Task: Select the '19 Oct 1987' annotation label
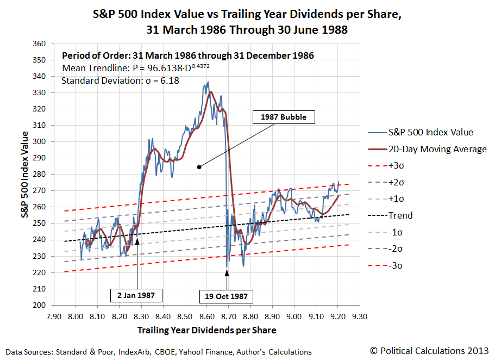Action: click(x=227, y=296)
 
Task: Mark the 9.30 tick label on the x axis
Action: click(x=359, y=315)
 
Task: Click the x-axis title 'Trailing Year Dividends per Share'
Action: click(x=206, y=330)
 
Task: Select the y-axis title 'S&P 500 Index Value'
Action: click(x=25, y=174)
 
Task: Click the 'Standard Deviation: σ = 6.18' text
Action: click(x=120, y=81)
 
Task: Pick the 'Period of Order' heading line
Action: click(x=188, y=55)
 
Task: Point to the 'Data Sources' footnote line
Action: click(x=158, y=352)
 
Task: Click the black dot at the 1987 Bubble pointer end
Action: click(x=199, y=167)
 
